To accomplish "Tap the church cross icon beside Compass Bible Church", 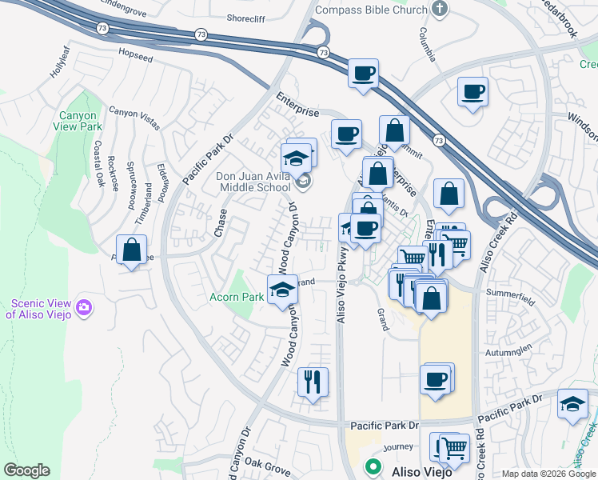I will (x=437, y=9).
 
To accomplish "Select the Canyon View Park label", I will (x=80, y=121).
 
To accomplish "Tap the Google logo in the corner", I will (x=26, y=470).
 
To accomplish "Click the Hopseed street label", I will (x=134, y=59).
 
